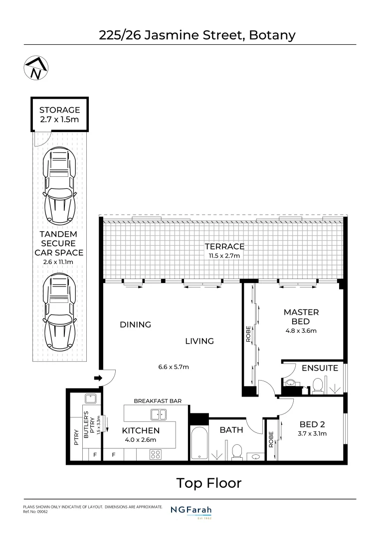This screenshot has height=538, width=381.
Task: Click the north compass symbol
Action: tap(36, 68)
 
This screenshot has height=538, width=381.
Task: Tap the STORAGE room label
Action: tap(59, 110)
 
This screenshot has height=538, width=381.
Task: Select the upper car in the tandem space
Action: tap(59, 186)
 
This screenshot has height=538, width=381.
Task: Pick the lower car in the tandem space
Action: tap(59, 312)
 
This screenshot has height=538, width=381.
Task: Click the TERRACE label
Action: tap(225, 247)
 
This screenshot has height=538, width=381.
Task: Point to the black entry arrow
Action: tap(98, 378)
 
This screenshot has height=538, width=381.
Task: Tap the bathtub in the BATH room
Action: tap(199, 443)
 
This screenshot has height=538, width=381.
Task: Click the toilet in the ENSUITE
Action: tap(318, 386)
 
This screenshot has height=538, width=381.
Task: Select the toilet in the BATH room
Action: tap(237, 451)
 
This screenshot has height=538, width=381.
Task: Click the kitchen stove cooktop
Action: tap(155, 454)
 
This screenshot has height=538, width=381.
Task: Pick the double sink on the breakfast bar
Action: tap(159, 414)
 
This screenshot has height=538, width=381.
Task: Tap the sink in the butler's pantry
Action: tap(91, 399)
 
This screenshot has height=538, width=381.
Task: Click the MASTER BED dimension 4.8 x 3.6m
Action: tap(301, 331)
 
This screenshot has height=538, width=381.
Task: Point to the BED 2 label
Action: tap(312, 424)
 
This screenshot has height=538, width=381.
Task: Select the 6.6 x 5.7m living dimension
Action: tap(174, 367)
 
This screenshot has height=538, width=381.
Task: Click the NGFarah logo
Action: tap(191, 511)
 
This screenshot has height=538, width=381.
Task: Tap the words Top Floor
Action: tap(209, 483)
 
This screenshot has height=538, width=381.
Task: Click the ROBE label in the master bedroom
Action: tap(248, 334)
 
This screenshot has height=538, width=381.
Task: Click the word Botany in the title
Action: tap(272, 35)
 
